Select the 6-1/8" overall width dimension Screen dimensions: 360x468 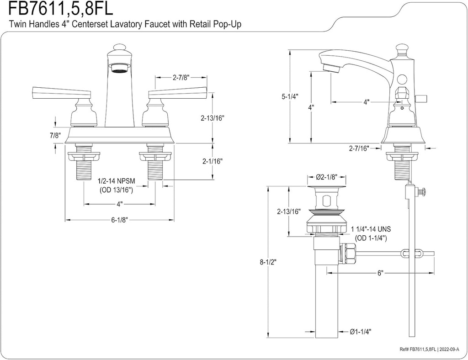[119, 220]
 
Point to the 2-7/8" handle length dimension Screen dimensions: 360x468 [181, 78]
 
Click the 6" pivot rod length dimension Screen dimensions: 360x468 [380, 273]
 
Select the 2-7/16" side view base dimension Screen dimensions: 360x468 [359, 148]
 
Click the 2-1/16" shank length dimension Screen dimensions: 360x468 [213, 161]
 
